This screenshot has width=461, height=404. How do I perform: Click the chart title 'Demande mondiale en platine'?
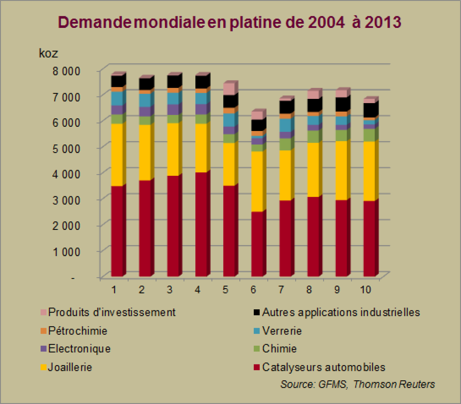click(x=229, y=22)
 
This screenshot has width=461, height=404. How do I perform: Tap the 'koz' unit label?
click(x=48, y=53)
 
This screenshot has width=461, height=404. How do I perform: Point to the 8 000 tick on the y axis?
click(x=66, y=71)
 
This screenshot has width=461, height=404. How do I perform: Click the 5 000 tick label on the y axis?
click(x=66, y=148)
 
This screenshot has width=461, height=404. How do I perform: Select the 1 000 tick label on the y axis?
click(x=66, y=251)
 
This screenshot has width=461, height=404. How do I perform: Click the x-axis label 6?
click(x=253, y=290)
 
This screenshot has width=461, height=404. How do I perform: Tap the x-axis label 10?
click(x=365, y=290)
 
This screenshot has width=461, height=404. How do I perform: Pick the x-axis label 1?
click(x=114, y=290)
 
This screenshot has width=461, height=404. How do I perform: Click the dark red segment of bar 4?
click(x=201, y=224)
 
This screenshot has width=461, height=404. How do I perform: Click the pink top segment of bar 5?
click(x=229, y=89)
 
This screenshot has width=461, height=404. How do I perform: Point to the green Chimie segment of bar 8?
click(x=313, y=137)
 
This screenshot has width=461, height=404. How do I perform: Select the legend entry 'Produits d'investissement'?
click(x=112, y=312)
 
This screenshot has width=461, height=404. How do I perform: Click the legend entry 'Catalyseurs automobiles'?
click(x=323, y=367)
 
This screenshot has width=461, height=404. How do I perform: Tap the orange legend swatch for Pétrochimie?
click(x=43, y=331)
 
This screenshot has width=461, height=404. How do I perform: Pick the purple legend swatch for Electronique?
click(x=43, y=349)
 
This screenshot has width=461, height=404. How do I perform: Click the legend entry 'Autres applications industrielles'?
click(x=341, y=312)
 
